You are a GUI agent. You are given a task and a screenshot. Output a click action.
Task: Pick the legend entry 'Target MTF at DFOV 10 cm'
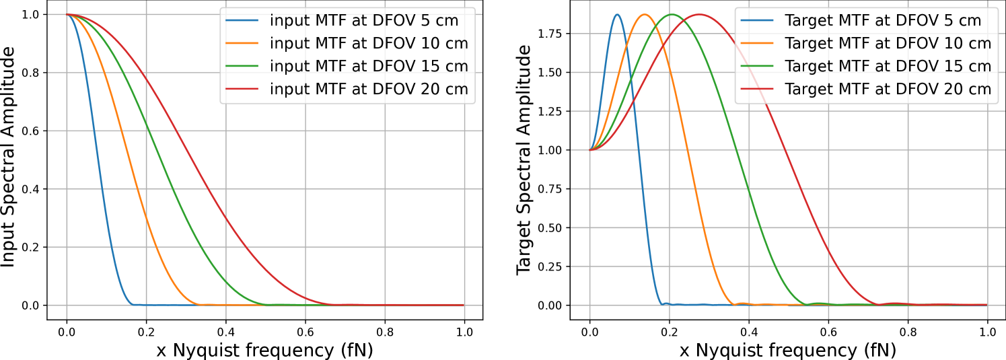888,43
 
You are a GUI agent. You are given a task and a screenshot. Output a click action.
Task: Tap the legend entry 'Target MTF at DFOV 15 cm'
888,66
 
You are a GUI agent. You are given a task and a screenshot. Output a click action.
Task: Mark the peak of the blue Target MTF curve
617,14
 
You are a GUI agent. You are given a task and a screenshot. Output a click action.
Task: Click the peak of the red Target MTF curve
699,14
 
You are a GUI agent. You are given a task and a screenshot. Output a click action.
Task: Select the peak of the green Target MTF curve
672,14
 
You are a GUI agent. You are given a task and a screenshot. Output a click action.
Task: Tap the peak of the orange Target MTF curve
645,14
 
